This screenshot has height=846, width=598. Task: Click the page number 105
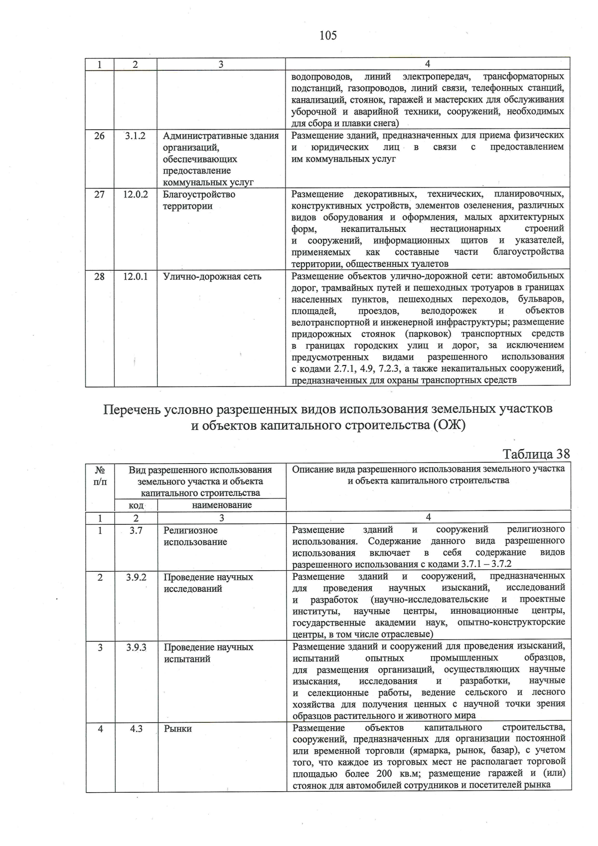point(328,35)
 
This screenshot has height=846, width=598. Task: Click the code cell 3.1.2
point(135,136)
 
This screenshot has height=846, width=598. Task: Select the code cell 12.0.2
point(136,194)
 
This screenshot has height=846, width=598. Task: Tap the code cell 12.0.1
point(136,276)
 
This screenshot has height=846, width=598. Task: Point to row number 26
point(100,136)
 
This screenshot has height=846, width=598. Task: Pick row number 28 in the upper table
point(100,276)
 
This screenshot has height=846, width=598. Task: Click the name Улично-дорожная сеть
point(212,276)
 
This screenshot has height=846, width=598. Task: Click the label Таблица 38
point(536,454)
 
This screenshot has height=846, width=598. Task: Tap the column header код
point(136,505)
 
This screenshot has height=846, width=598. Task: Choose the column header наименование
point(222,505)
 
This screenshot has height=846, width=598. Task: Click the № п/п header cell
point(100,476)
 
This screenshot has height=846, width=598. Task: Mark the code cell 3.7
point(136,530)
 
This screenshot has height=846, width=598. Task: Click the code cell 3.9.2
point(136,577)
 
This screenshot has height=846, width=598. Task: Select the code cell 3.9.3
point(136,647)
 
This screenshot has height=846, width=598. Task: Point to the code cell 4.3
point(136,729)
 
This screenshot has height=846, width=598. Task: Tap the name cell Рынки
point(178,729)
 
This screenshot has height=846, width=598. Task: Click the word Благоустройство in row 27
point(199,194)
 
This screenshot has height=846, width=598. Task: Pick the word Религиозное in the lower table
point(191,530)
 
